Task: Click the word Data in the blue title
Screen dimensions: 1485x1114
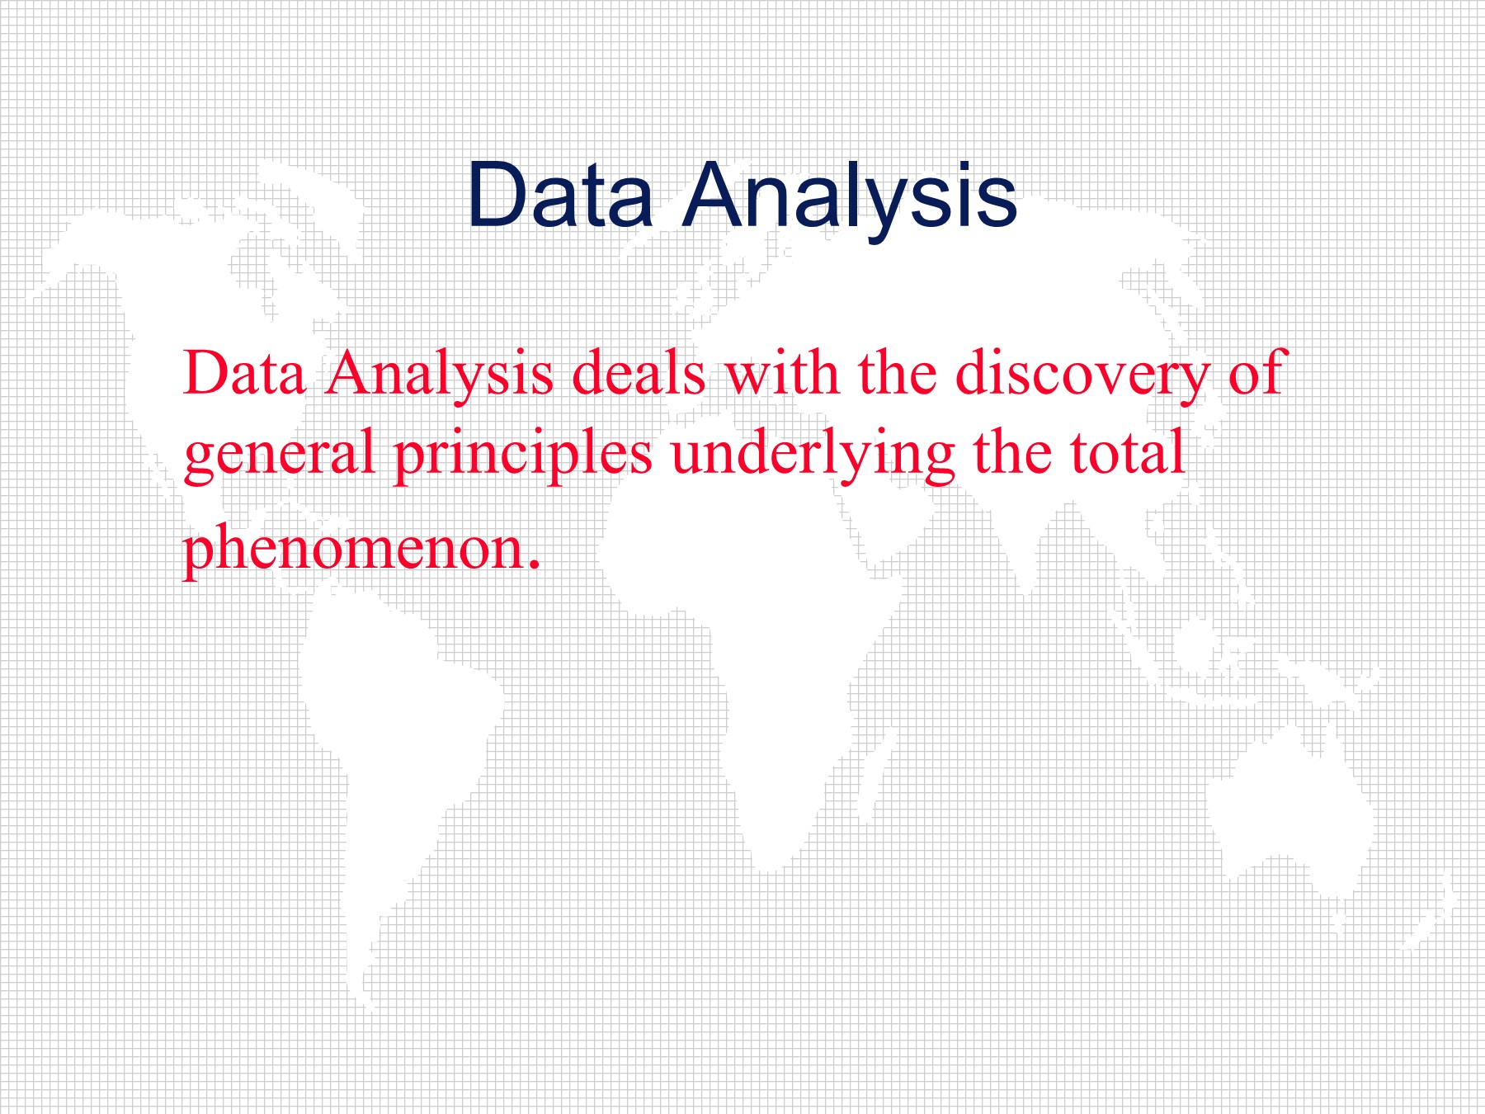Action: click(561, 196)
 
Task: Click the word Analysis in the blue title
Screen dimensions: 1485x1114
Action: click(851, 201)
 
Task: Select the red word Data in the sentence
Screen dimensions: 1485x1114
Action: click(244, 373)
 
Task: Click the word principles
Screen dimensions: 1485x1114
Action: click(523, 456)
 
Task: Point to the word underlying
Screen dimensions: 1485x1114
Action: click(813, 456)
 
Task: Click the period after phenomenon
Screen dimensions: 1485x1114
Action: click(534, 565)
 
